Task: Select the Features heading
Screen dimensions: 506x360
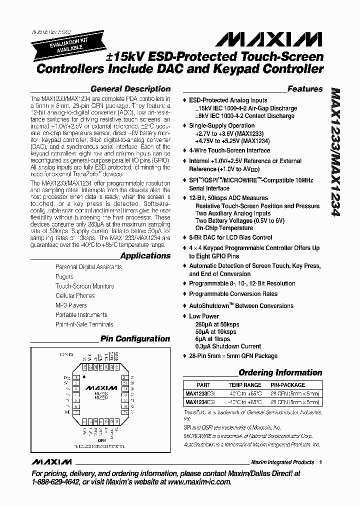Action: [x=305, y=89]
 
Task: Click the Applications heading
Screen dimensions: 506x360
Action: [x=145, y=256]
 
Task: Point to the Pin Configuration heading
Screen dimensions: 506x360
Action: [x=135, y=338]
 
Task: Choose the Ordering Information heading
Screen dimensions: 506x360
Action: [x=280, y=372]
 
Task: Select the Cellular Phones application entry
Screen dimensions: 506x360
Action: [x=75, y=295]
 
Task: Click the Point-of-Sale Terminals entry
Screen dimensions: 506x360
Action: [x=84, y=324]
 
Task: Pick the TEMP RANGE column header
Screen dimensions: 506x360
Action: [x=245, y=385]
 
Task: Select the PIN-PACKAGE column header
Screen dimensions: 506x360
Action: [x=288, y=385]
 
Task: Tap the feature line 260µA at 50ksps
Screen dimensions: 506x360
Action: [x=217, y=324]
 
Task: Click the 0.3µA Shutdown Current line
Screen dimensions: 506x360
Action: [x=228, y=346]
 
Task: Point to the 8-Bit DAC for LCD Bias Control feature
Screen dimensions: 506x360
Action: [x=230, y=237]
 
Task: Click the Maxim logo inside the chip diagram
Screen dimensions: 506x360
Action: [x=101, y=387]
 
